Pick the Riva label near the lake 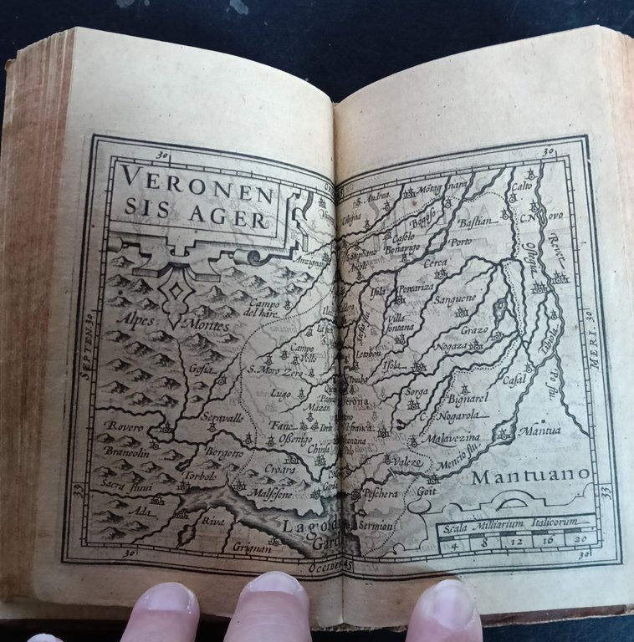pos(211,519)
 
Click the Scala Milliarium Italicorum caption pos(511,524)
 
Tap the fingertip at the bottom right pos(448,609)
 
